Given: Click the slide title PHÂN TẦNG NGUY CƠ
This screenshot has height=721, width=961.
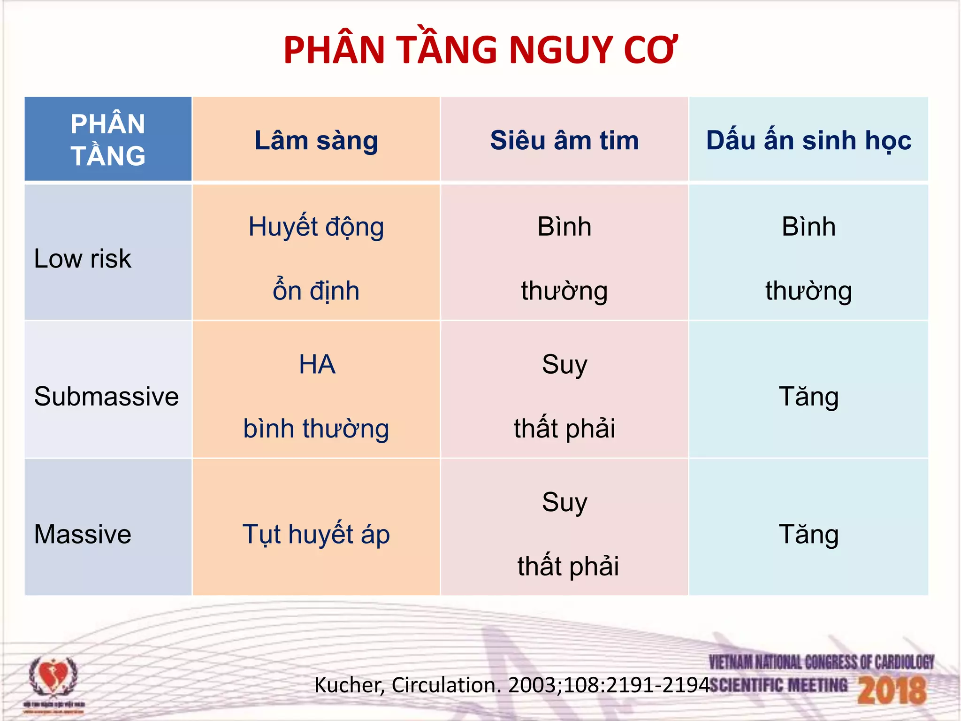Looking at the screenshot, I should pyautogui.click(x=480, y=50).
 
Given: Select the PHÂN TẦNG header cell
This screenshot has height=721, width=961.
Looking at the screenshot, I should pyautogui.click(x=108, y=139).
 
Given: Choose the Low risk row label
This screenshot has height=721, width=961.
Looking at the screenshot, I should pyautogui.click(x=83, y=259).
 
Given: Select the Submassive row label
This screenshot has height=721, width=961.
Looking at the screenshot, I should pyautogui.click(x=106, y=396).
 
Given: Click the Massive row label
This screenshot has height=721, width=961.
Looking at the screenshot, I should pyautogui.click(x=83, y=534).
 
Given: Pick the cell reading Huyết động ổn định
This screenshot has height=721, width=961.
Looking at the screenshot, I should pyautogui.click(x=316, y=258).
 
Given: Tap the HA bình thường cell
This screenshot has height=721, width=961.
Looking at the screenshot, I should pyautogui.click(x=316, y=396).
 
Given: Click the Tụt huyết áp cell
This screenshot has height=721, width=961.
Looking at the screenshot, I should pyautogui.click(x=316, y=534).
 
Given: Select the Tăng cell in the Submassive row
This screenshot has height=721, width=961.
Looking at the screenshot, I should pyautogui.click(x=808, y=396).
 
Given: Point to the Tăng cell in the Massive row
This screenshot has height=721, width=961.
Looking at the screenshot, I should pyautogui.click(x=808, y=534).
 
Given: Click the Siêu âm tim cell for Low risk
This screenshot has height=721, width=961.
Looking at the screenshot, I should pyautogui.click(x=564, y=258).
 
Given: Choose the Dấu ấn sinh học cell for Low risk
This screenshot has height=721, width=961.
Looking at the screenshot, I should pyautogui.click(x=808, y=258).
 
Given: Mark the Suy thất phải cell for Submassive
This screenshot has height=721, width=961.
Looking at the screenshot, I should pyautogui.click(x=564, y=396).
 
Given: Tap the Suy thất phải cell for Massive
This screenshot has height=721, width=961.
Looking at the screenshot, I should pyautogui.click(x=564, y=534).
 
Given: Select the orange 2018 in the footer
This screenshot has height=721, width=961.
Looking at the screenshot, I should pyautogui.click(x=892, y=690).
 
